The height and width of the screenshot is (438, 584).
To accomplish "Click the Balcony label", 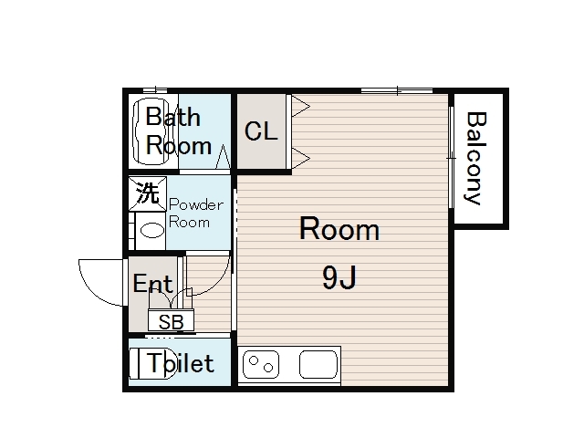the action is (476, 158).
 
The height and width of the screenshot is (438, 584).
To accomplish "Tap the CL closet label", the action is (261, 131).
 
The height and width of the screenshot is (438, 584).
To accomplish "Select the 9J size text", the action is (339, 277).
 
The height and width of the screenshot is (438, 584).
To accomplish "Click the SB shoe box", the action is (171, 320).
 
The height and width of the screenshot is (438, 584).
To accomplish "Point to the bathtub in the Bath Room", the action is (150, 131).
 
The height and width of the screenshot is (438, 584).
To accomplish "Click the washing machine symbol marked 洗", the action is (148, 193).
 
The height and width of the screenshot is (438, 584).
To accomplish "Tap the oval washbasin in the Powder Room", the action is (151, 230).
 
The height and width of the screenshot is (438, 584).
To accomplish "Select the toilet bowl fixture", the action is (152, 363).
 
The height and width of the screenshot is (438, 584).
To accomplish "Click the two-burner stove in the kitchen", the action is (261, 365).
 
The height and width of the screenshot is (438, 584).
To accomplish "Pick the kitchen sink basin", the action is (318, 364).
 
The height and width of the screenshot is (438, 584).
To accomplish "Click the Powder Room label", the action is (196, 214).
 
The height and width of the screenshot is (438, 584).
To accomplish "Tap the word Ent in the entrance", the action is (152, 284).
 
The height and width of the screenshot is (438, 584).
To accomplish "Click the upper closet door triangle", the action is (300, 107).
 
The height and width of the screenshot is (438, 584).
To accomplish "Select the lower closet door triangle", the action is (300, 158).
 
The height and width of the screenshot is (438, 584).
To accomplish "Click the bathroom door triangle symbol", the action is (223, 156).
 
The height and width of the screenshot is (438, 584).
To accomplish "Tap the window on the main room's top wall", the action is (397, 90).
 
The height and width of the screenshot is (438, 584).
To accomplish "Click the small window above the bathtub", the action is (155, 89).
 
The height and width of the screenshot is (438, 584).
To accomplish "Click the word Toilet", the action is (181, 363).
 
